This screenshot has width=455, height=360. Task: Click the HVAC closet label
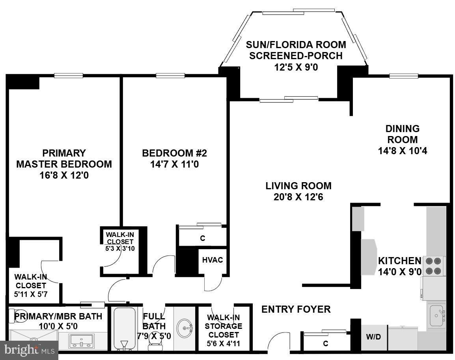coord(213,260)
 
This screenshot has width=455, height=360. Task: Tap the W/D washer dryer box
coord(373,338)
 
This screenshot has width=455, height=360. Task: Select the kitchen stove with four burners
coord(433,266)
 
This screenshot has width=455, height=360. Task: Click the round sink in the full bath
coord(185,327)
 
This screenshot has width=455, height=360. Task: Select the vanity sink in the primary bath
coord(82,341)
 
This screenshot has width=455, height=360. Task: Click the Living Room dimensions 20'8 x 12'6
coord(298,197)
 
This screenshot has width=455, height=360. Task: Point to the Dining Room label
coord(402,134)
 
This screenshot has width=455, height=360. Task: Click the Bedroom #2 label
coord(174,153)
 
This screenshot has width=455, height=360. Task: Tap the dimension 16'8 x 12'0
coord(64,175)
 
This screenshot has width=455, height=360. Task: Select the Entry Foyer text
coord(296,309)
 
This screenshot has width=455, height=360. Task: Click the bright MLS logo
coord(29,350)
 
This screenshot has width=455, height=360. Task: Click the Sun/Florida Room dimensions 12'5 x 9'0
coord(296,67)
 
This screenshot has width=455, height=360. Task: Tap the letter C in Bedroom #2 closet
coord(203,238)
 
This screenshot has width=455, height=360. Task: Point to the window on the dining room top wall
coord(403,76)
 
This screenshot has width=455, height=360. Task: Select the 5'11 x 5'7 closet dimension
coord(31,294)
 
